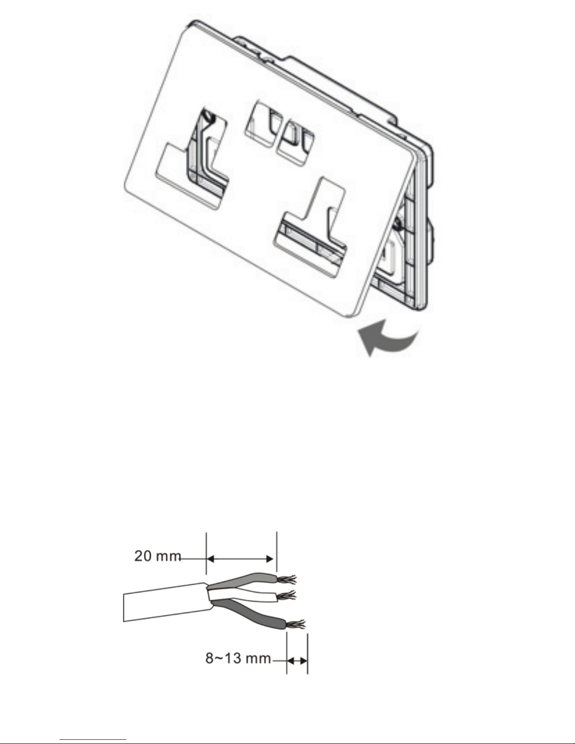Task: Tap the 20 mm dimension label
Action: click(x=157, y=556)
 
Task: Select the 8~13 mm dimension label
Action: click(x=238, y=658)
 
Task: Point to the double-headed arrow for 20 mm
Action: click(x=241, y=559)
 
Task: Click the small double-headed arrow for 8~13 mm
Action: click(x=297, y=661)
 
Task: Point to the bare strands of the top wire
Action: click(x=287, y=579)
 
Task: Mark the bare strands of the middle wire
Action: click(x=286, y=596)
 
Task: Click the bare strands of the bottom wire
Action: click(x=295, y=624)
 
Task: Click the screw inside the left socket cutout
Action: click(x=208, y=117)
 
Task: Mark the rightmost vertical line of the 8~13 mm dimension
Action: click(x=307, y=653)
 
